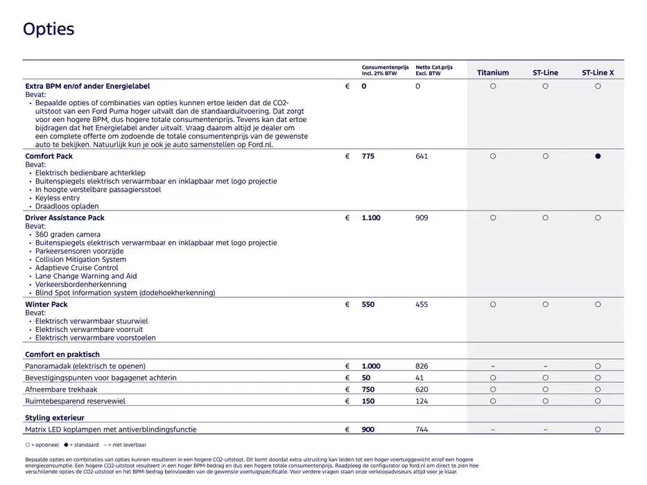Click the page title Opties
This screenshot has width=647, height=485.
(49, 29)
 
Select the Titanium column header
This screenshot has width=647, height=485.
(492, 73)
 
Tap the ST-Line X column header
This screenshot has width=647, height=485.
(597, 73)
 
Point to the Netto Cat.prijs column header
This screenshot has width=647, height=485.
(434, 70)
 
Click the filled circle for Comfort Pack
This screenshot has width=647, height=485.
(598, 157)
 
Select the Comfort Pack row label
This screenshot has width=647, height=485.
(49, 157)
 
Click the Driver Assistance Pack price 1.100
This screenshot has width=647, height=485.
(371, 218)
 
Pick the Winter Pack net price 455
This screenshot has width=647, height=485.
(422, 305)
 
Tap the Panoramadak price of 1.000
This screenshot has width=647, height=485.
(371, 367)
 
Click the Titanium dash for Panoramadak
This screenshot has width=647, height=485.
(492, 367)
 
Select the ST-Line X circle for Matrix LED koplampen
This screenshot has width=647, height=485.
(598, 430)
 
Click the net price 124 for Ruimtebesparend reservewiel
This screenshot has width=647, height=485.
(422, 401)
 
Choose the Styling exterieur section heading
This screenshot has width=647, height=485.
(55, 418)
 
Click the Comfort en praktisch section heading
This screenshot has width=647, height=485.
(62, 355)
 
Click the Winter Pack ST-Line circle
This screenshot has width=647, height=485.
(545, 305)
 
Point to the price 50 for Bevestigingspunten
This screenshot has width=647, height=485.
(366, 378)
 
